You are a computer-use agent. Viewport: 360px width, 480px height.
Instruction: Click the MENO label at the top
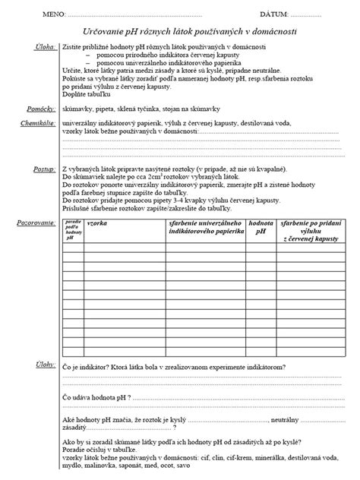(55, 14)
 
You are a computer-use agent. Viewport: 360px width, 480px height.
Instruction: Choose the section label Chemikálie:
(39, 122)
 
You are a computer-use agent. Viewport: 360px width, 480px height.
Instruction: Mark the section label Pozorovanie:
(37, 223)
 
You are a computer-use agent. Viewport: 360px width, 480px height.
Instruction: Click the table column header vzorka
(97, 226)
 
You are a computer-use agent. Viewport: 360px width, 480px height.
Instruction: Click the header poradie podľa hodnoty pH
(73, 230)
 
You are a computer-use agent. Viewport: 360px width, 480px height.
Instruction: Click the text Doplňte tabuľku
(86, 94)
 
